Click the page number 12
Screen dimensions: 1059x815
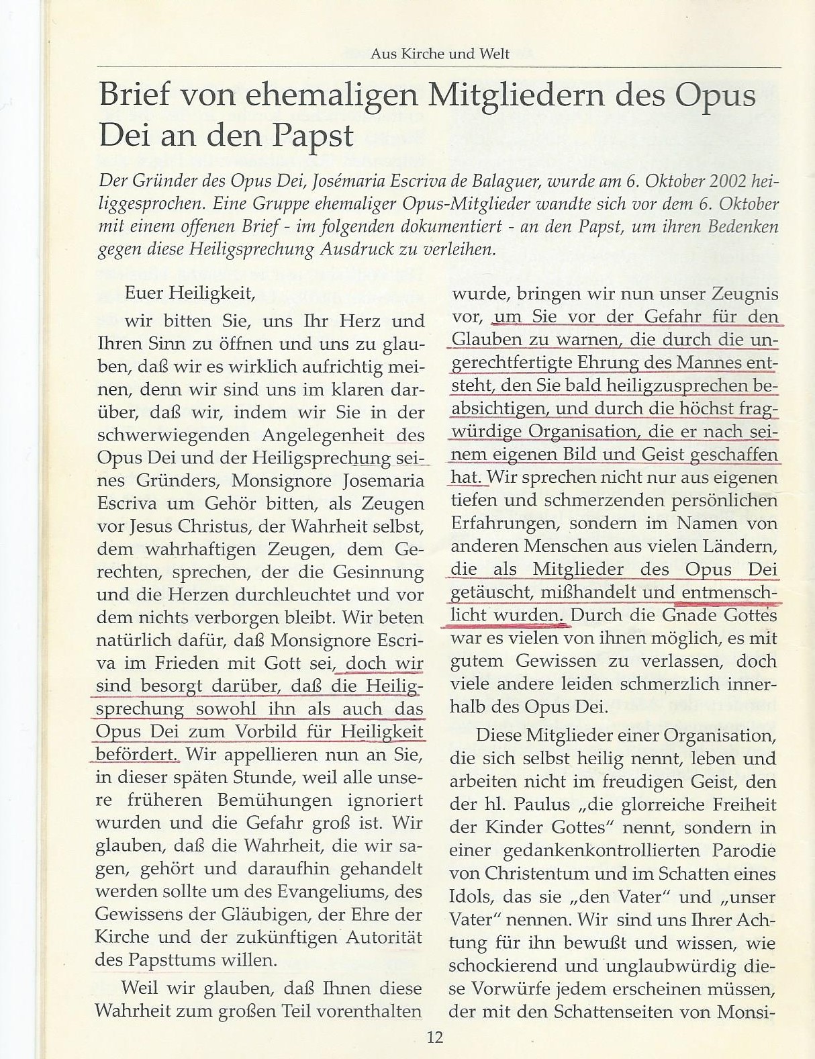click(434, 1037)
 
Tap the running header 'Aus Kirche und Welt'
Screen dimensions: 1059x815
click(440, 54)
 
